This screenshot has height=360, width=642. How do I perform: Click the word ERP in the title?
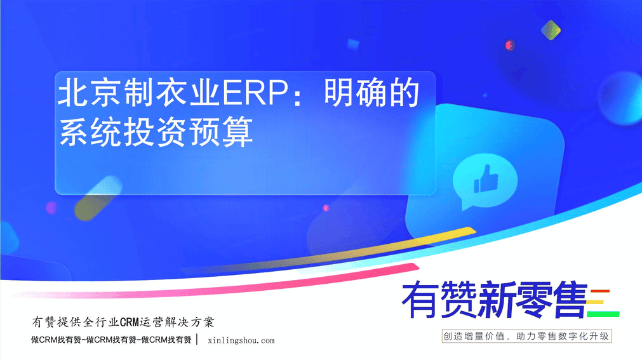pos(255,93)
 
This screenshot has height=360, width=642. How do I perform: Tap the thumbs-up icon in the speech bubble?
pos(486,178)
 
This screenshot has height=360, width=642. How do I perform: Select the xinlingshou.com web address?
pos(241,340)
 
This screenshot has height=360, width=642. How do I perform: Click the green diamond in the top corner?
pos(551,30)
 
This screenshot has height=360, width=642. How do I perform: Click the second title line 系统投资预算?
pos(156,132)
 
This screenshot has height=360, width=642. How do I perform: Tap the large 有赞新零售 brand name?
pos(494,300)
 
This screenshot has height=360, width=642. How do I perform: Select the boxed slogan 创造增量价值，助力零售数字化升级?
pos(526,337)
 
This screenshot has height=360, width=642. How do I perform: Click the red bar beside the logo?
pos(600,291)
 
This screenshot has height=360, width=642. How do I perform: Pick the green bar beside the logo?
pos(603,314)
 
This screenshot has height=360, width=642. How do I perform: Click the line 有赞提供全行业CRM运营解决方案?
pos(123,323)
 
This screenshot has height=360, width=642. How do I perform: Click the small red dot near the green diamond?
pos(510,45)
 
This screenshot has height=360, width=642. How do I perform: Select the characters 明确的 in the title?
pos(371,93)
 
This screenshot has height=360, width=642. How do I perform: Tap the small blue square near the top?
pos(353,44)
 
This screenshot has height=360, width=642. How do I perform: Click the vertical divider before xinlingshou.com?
pos(197,340)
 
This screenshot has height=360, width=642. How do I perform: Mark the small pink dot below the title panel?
pos(326,208)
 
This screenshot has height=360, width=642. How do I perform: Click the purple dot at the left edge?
pos(51,208)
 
